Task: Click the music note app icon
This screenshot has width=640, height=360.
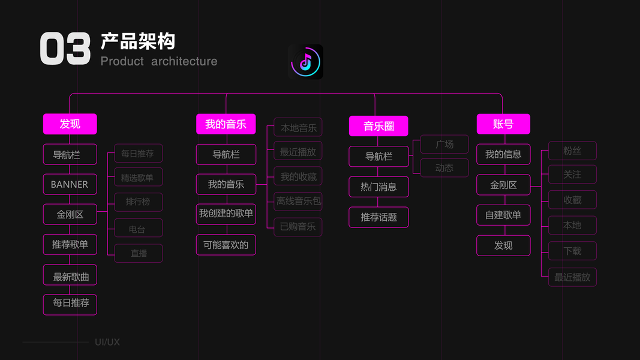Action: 305,62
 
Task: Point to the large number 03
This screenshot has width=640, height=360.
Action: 65,49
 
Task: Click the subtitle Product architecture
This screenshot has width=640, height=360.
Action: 159,61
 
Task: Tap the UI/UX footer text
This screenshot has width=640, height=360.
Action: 107,342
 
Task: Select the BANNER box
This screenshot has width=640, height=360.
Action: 70,185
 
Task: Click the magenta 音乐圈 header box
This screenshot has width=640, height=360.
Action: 378,126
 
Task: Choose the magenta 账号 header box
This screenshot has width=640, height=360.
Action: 503,124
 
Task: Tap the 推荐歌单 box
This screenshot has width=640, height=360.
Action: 70,245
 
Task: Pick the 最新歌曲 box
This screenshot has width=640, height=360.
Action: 70,277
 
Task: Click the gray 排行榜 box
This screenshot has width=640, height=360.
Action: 138,202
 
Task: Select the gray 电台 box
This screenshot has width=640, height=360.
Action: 138,229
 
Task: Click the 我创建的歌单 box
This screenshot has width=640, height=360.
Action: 226,214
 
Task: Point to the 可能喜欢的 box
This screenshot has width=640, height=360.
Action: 226,245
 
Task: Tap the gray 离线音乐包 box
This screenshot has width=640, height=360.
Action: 298,201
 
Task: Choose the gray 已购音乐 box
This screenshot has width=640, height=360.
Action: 298,227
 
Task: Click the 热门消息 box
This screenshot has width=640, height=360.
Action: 378,187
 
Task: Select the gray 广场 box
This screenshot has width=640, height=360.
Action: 444,145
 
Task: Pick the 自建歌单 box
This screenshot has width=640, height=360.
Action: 503,215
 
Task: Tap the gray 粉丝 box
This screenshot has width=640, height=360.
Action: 572,151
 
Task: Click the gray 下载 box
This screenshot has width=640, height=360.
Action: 572,251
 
